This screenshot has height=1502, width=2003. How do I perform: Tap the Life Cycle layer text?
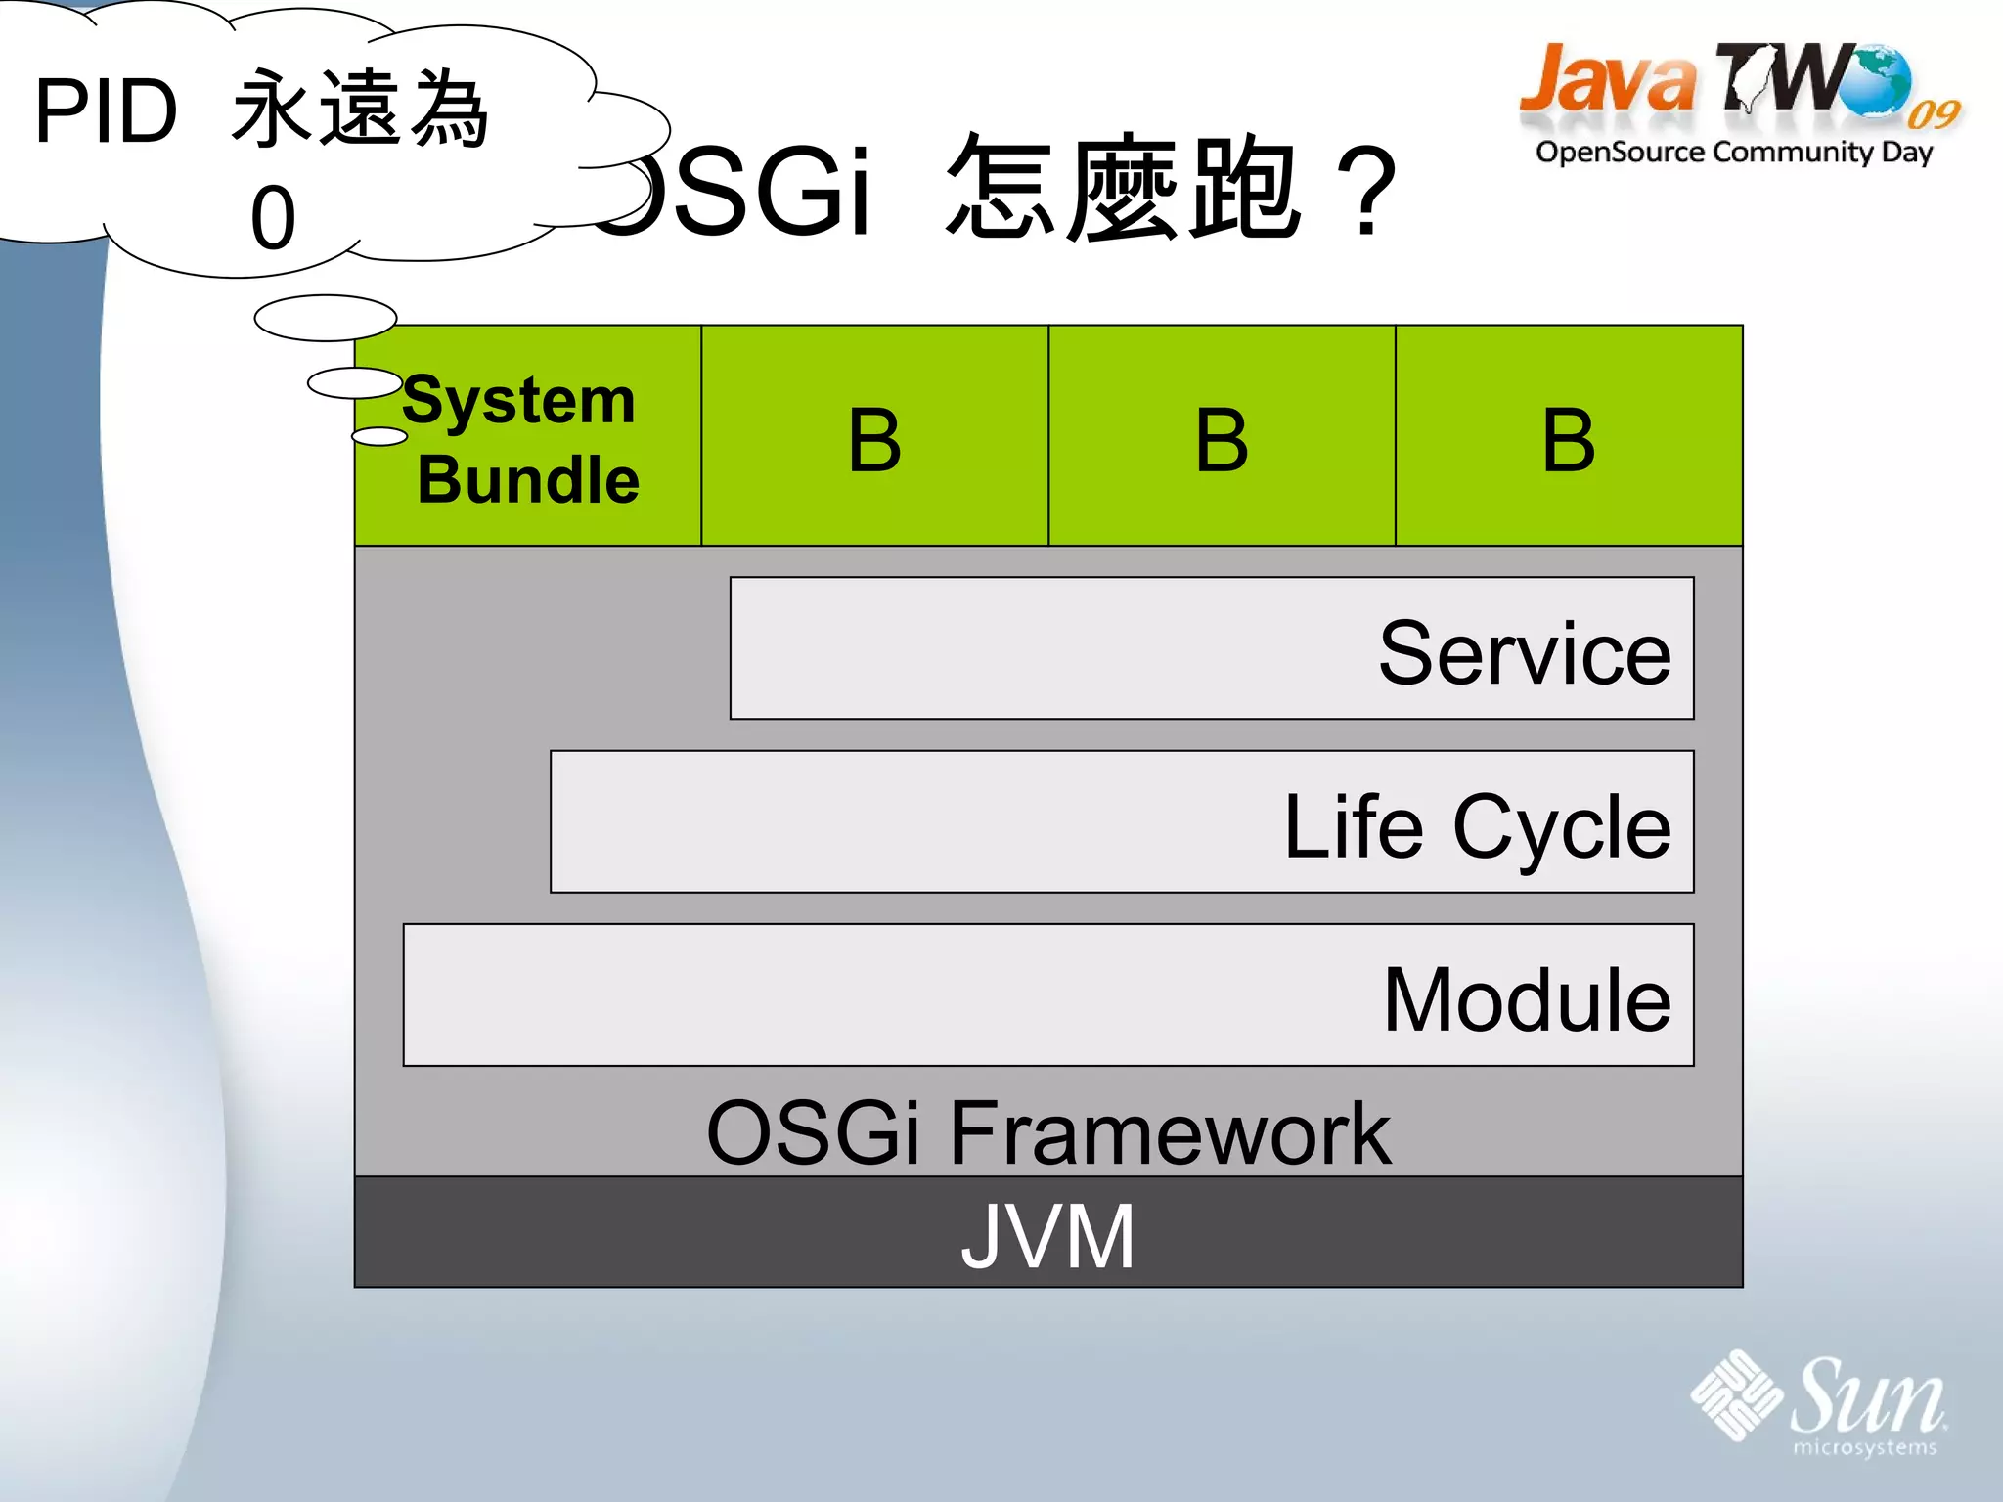(1477, 827)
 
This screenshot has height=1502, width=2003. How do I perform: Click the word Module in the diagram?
(1527, 999)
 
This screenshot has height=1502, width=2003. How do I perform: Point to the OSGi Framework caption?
(1047, 1132)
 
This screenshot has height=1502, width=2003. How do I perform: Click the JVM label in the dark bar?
(1047, 1237)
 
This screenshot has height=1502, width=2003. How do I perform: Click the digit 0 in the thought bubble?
(273, 218)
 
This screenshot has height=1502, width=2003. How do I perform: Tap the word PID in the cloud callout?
(106, 111)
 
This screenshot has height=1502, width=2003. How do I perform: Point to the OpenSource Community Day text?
(1734, 153)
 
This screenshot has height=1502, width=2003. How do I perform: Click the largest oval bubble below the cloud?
(326, 318)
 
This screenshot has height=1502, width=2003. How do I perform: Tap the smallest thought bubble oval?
(379, 436)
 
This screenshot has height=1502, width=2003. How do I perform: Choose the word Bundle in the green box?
(528, 479)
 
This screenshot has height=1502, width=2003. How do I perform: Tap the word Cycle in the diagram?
(1562, 827)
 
